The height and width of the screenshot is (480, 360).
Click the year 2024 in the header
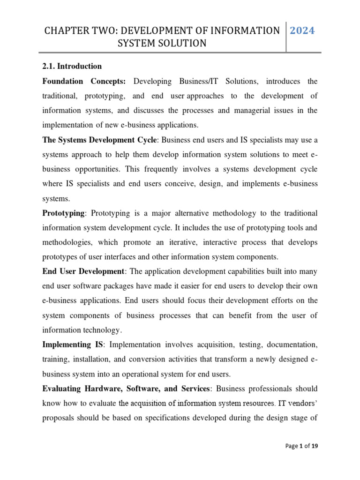coord(302,31)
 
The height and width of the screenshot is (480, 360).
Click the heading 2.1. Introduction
coord(72,66)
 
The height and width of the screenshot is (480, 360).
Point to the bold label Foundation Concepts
coord(84,81)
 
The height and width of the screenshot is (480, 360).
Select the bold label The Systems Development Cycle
coord(100,140)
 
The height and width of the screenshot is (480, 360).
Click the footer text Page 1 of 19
coord(301,446)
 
